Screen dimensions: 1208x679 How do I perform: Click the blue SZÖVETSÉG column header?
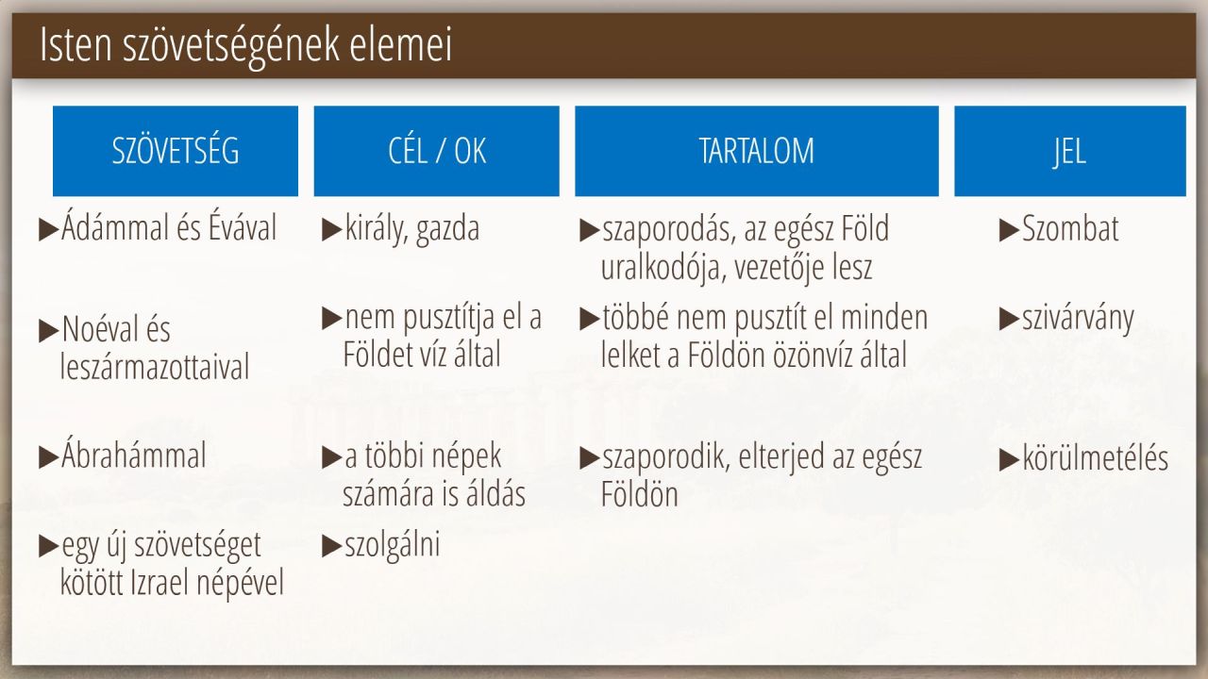tap(176, 151)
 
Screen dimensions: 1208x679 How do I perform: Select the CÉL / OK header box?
tap(437, 151)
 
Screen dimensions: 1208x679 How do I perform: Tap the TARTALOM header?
tap(757, 151)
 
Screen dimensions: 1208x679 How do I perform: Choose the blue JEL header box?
tap(1070, 151)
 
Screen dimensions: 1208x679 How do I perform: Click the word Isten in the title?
tap(76, 44)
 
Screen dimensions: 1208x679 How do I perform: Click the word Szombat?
tap(1070, 228)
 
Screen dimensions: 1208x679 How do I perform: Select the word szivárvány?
tap(1078, 319)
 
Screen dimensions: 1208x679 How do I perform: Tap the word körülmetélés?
tap(1096, 458)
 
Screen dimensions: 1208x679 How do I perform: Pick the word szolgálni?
tap(392, 545)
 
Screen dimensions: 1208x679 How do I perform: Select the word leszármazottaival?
tap(155, 367)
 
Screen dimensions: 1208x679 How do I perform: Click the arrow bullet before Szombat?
tap(1009, 230)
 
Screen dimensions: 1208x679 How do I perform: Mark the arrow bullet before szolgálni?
tap(331, 546)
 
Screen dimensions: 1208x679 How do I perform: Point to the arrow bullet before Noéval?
tap(48, 330)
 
